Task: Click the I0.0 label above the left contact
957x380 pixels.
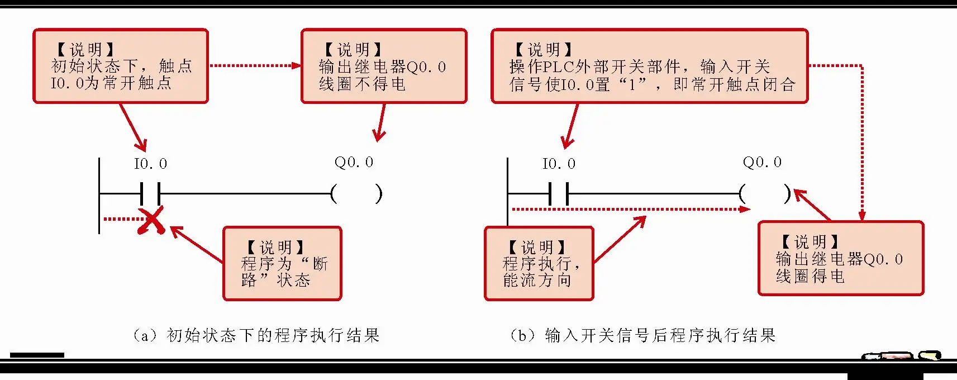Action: tap(150, 164)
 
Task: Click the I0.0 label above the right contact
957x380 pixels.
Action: tap(559, 164)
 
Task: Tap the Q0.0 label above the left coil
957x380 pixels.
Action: tap(354, 162)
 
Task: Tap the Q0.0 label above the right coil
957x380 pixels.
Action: tap(762, 162)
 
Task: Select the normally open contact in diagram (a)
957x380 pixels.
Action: tap(150, 194)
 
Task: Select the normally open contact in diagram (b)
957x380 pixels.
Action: tap(559, 194)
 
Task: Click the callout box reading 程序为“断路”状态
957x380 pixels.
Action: tap(282, 264)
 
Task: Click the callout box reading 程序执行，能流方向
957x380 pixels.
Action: tap(539, 264)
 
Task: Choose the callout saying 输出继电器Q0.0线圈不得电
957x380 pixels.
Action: tap(384, 66)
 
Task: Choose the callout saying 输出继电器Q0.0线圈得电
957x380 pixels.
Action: tap(840, 259)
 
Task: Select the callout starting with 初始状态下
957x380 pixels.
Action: tap(121, 66)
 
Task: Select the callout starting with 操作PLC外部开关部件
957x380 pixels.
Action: tap(649, 66)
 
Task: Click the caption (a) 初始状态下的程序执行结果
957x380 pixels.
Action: tap(256, 335)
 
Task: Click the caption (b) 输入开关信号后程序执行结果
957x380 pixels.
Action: tap(642, 335)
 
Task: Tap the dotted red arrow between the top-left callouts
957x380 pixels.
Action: tap(255, 65)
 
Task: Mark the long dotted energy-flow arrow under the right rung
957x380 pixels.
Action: tap(631, 210)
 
